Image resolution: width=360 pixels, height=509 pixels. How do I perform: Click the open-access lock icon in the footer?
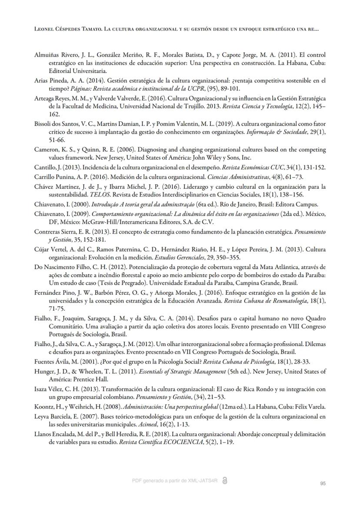click(x=224, y=480)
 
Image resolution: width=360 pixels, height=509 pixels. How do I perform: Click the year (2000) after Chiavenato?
click(x=69, y=205)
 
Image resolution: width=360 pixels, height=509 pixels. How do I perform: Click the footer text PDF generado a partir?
click(x=162, y=480)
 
